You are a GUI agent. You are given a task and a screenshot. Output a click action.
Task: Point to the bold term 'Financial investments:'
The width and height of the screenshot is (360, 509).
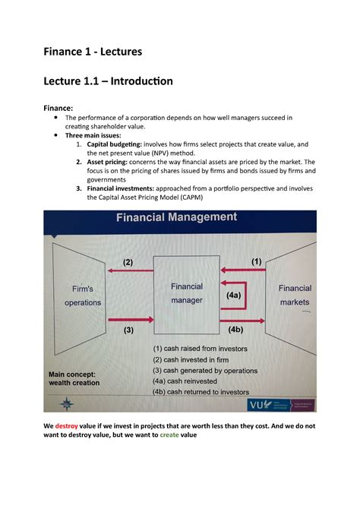(133, 185)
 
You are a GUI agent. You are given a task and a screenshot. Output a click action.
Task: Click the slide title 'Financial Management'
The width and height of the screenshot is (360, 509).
(175, 218)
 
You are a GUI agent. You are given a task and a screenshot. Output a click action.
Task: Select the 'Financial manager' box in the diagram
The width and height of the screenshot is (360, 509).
(186, 293)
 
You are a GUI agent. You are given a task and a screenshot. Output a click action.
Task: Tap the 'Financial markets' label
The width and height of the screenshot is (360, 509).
(295, 294)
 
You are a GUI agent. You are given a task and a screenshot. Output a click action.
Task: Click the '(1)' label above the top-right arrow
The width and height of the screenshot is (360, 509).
(254, 261)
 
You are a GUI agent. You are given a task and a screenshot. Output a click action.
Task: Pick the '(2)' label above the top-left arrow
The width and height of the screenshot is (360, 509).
(128, 262)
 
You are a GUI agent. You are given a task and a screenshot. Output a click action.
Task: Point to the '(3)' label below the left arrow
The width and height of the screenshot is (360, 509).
(128, 330)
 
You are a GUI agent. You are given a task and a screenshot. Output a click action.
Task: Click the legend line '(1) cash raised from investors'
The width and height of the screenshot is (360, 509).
(204, 348)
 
